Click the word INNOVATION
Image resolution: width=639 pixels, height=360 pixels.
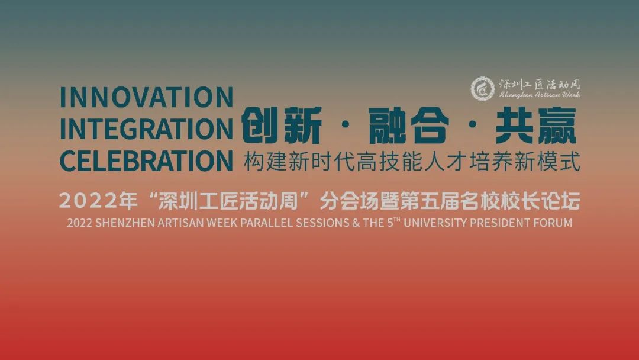click(146, 97)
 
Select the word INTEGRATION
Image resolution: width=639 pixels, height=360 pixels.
click(146, 129)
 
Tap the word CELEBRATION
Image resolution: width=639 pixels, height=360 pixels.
click(146, 160)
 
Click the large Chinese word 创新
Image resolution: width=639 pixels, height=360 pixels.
click(282, 126)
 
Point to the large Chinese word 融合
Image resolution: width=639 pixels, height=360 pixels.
click(409, 126)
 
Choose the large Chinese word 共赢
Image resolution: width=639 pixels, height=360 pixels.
click(536, 126)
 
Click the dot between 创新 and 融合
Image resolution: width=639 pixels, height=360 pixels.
click(345, 126)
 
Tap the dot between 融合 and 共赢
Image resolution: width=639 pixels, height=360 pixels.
click(473, 126)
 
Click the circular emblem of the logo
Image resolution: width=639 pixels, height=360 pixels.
click(483, 88)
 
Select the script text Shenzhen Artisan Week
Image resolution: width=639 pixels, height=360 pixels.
click(540, 95)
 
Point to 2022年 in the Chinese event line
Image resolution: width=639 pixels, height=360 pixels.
click(98, 201)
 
